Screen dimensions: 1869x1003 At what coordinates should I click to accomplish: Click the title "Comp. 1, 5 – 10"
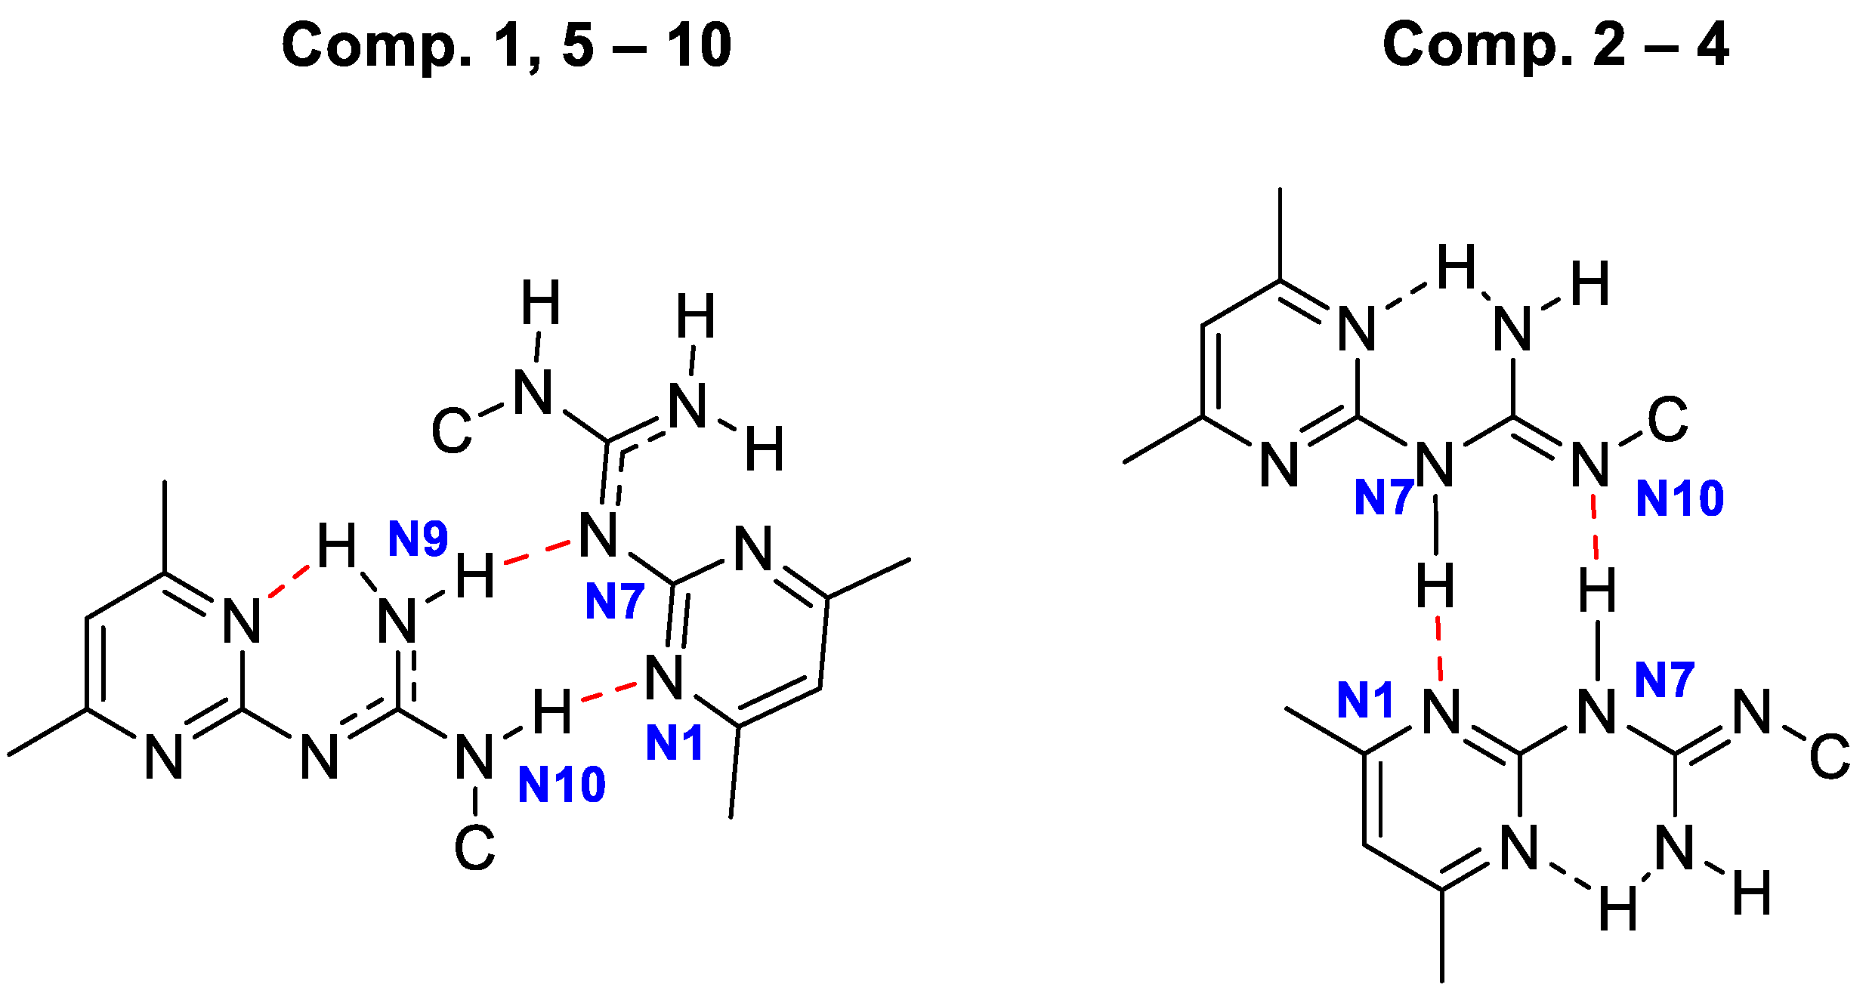pyautogui.click(x=506, y=45)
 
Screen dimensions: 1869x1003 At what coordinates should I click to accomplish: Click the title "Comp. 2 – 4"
pyautogui.click(x=1555, y=45)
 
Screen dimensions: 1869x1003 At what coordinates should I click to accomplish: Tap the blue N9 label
pyautogui.click(x=418, y=539)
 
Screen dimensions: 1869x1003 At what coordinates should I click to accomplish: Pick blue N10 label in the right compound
pyautogui.click(x=1679, y=498)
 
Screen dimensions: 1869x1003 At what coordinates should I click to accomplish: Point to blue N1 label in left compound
pyautogui.click(x=675, y=742)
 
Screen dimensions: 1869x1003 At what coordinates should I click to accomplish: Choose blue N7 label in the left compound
pyautogui.click(x=614, y=601)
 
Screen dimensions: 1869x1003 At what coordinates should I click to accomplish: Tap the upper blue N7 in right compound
pyautogui.click(x=1383, y=498)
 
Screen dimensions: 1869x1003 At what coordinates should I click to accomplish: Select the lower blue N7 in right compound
pyautogui.click(x=1664, y=679)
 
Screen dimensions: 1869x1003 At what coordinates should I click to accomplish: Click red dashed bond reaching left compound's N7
pyautogui.click(x=536, y=552)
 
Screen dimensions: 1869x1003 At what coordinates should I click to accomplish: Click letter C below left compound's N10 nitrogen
pyautogui.click(x=474, y=847)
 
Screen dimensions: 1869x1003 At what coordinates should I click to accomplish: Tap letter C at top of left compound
pyautogui.click(x=451, y=431)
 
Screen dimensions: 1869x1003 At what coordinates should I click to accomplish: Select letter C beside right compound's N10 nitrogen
pyautogui.click(x=1668, y=420)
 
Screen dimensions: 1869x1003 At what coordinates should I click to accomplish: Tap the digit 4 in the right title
pyautogui.click(x=1712, y=45)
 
